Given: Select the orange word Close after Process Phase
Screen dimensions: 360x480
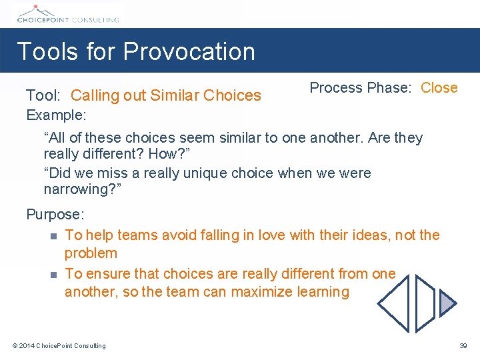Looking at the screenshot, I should (x=439, y=88).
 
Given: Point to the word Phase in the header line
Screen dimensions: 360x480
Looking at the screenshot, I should (x=393, y=88).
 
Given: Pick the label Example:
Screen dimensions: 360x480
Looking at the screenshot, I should (x=56, y=115).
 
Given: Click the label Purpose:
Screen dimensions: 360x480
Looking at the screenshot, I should (x=55, y=215).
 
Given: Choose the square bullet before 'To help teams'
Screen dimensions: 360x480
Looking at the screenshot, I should (x=53, y=235).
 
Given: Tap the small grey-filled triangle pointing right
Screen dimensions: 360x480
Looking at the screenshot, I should (x=447, y=303).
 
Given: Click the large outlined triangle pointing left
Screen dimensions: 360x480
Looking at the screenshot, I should (x=396, y=303).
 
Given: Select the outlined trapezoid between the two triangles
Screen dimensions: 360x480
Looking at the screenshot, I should (x=425, y=303).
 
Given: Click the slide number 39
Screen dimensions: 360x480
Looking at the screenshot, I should (x=463, y=345).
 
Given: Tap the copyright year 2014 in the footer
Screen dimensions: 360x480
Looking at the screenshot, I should (x=27, y=345).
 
